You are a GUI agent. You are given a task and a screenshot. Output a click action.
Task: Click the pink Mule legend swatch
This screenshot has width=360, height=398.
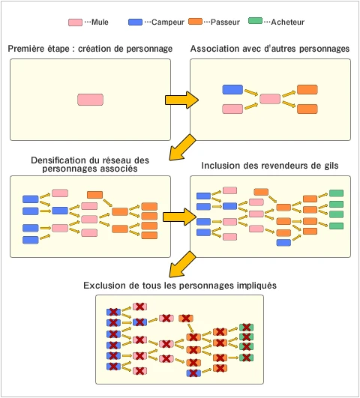pos(75,22)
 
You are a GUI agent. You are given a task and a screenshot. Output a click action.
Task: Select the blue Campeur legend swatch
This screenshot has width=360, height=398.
pos(135,22)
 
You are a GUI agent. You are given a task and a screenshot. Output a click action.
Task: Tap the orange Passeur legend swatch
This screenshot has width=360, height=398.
pos(195,22)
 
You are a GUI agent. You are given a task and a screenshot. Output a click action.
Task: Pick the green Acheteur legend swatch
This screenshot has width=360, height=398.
pos(255,21)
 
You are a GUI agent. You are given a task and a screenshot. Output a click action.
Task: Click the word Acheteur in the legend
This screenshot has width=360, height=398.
pos(287,22)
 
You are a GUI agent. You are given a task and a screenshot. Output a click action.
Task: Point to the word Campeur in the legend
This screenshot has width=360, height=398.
pos(168,22)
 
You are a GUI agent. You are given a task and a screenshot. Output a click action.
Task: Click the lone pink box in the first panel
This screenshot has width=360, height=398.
pos(91,100)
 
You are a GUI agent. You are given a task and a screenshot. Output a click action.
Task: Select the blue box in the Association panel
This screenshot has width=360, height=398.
pos(232,90)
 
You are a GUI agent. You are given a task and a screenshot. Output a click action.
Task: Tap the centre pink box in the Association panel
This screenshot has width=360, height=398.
pos(270,99)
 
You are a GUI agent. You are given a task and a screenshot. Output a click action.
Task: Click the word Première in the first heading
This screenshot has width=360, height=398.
pos(25,49)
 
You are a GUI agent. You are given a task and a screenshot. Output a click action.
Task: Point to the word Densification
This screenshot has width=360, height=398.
pos(58,160)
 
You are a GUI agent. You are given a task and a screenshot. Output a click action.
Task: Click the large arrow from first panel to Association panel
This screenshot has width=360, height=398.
pos(181,100)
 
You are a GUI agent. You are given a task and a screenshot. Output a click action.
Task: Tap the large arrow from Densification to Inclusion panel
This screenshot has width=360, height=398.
pos(179,217)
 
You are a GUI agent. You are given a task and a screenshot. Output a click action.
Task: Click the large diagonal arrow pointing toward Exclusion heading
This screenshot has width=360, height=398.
pos(182,265)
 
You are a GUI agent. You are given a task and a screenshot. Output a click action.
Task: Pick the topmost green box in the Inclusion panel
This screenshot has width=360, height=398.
pos(336,193)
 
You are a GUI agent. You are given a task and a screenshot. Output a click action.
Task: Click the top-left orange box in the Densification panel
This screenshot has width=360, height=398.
pos(94,195)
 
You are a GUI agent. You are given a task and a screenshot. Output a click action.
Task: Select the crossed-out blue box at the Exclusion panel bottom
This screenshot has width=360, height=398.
pos(193,373)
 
